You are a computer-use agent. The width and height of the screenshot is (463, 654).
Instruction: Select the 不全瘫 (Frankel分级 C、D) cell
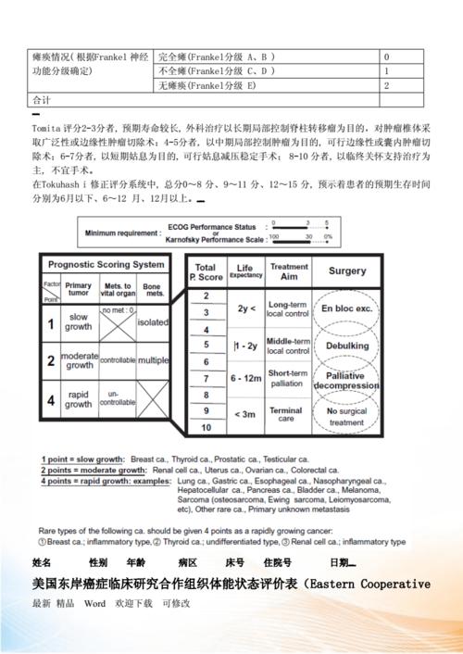pos(217,70)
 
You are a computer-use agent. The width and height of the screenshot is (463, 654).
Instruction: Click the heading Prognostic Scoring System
pos(106,264)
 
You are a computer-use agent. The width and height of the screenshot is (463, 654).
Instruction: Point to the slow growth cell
pos(79,322)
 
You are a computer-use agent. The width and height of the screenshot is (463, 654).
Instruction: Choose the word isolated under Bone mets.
pos(152,322)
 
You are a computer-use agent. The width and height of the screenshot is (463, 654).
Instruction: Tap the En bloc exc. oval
pos(346,308)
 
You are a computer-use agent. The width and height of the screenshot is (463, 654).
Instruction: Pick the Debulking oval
pos(346,346)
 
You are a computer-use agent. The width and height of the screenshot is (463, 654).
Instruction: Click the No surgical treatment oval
pos(346,416)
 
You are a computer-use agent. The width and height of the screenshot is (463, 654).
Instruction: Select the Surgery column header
pos(347,272)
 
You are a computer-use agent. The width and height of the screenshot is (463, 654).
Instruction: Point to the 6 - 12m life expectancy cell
pos(245,378)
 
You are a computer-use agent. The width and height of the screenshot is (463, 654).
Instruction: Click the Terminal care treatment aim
pos(288,412)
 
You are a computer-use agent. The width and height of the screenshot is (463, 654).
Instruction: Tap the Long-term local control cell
pos(288,308)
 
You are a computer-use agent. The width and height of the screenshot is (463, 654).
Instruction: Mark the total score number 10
pos(206,428)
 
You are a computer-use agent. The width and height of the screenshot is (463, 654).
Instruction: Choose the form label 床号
pos(234,562)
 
